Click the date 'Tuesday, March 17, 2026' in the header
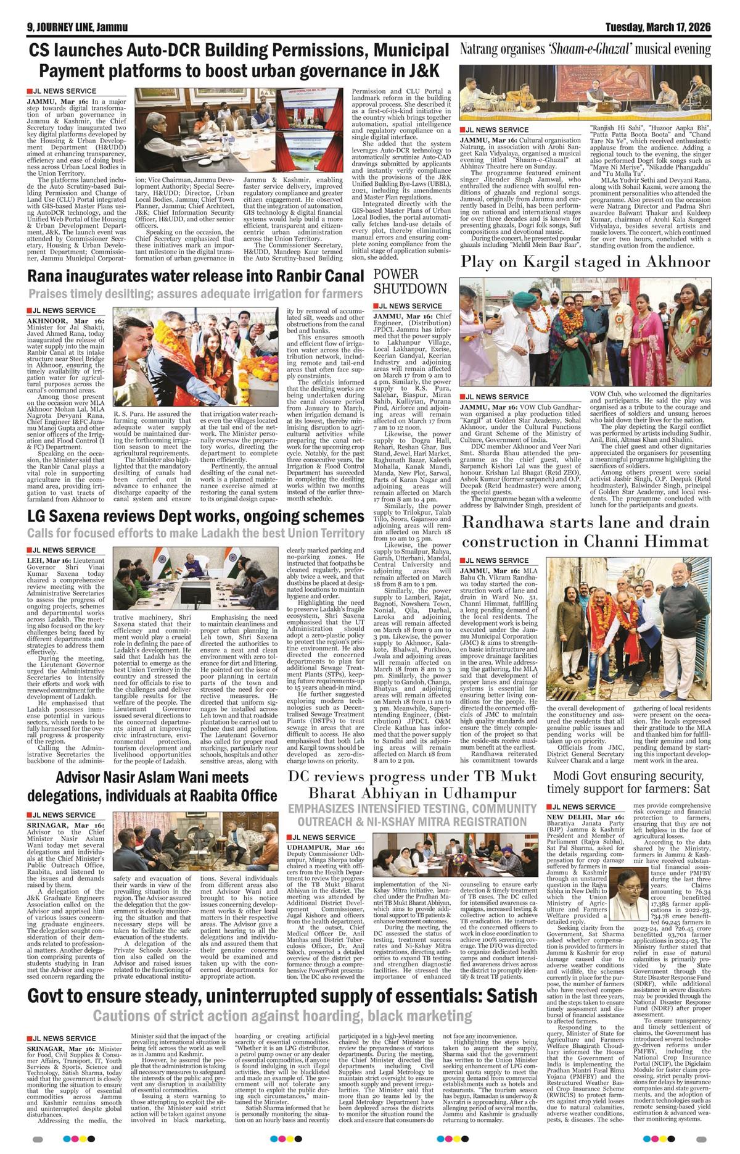click(657, 27)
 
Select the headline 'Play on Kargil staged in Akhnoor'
click(585, 262)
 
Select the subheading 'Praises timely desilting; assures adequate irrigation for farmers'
click(195, 294)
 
